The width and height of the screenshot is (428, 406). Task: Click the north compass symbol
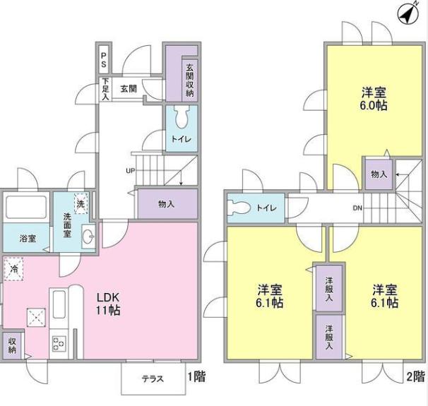click(408, 14)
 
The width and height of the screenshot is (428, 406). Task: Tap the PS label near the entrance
click(103, 60)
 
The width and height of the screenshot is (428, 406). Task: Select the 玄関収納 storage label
click(189, 80)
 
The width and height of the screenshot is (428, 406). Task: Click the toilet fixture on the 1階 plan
click(182, 117)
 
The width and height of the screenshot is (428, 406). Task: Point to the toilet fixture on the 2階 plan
click(239, 208)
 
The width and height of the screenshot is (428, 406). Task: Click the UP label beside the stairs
click(130, 171)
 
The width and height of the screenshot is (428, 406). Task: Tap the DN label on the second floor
click(357, 208)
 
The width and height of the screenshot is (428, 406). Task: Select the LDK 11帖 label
click(108, 304)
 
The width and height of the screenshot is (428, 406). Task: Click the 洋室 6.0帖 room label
click(374, 99)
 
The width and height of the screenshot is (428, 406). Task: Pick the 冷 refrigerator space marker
click(13, 269)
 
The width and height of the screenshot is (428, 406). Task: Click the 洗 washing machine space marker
click(81, 203)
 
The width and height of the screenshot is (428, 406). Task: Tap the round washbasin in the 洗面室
click(88, 237)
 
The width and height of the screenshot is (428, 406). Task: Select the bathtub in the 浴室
click(26, 207)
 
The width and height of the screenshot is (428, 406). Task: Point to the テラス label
click(153, 378)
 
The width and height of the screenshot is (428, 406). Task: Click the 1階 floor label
click(196, 377)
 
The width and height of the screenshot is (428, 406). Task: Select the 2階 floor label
click(416, 377)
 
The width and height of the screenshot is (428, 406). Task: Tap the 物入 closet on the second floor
click(379, 174)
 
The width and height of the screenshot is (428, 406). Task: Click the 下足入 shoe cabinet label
click(105, 89)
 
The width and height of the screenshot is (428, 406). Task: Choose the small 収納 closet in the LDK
click(12, 346)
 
